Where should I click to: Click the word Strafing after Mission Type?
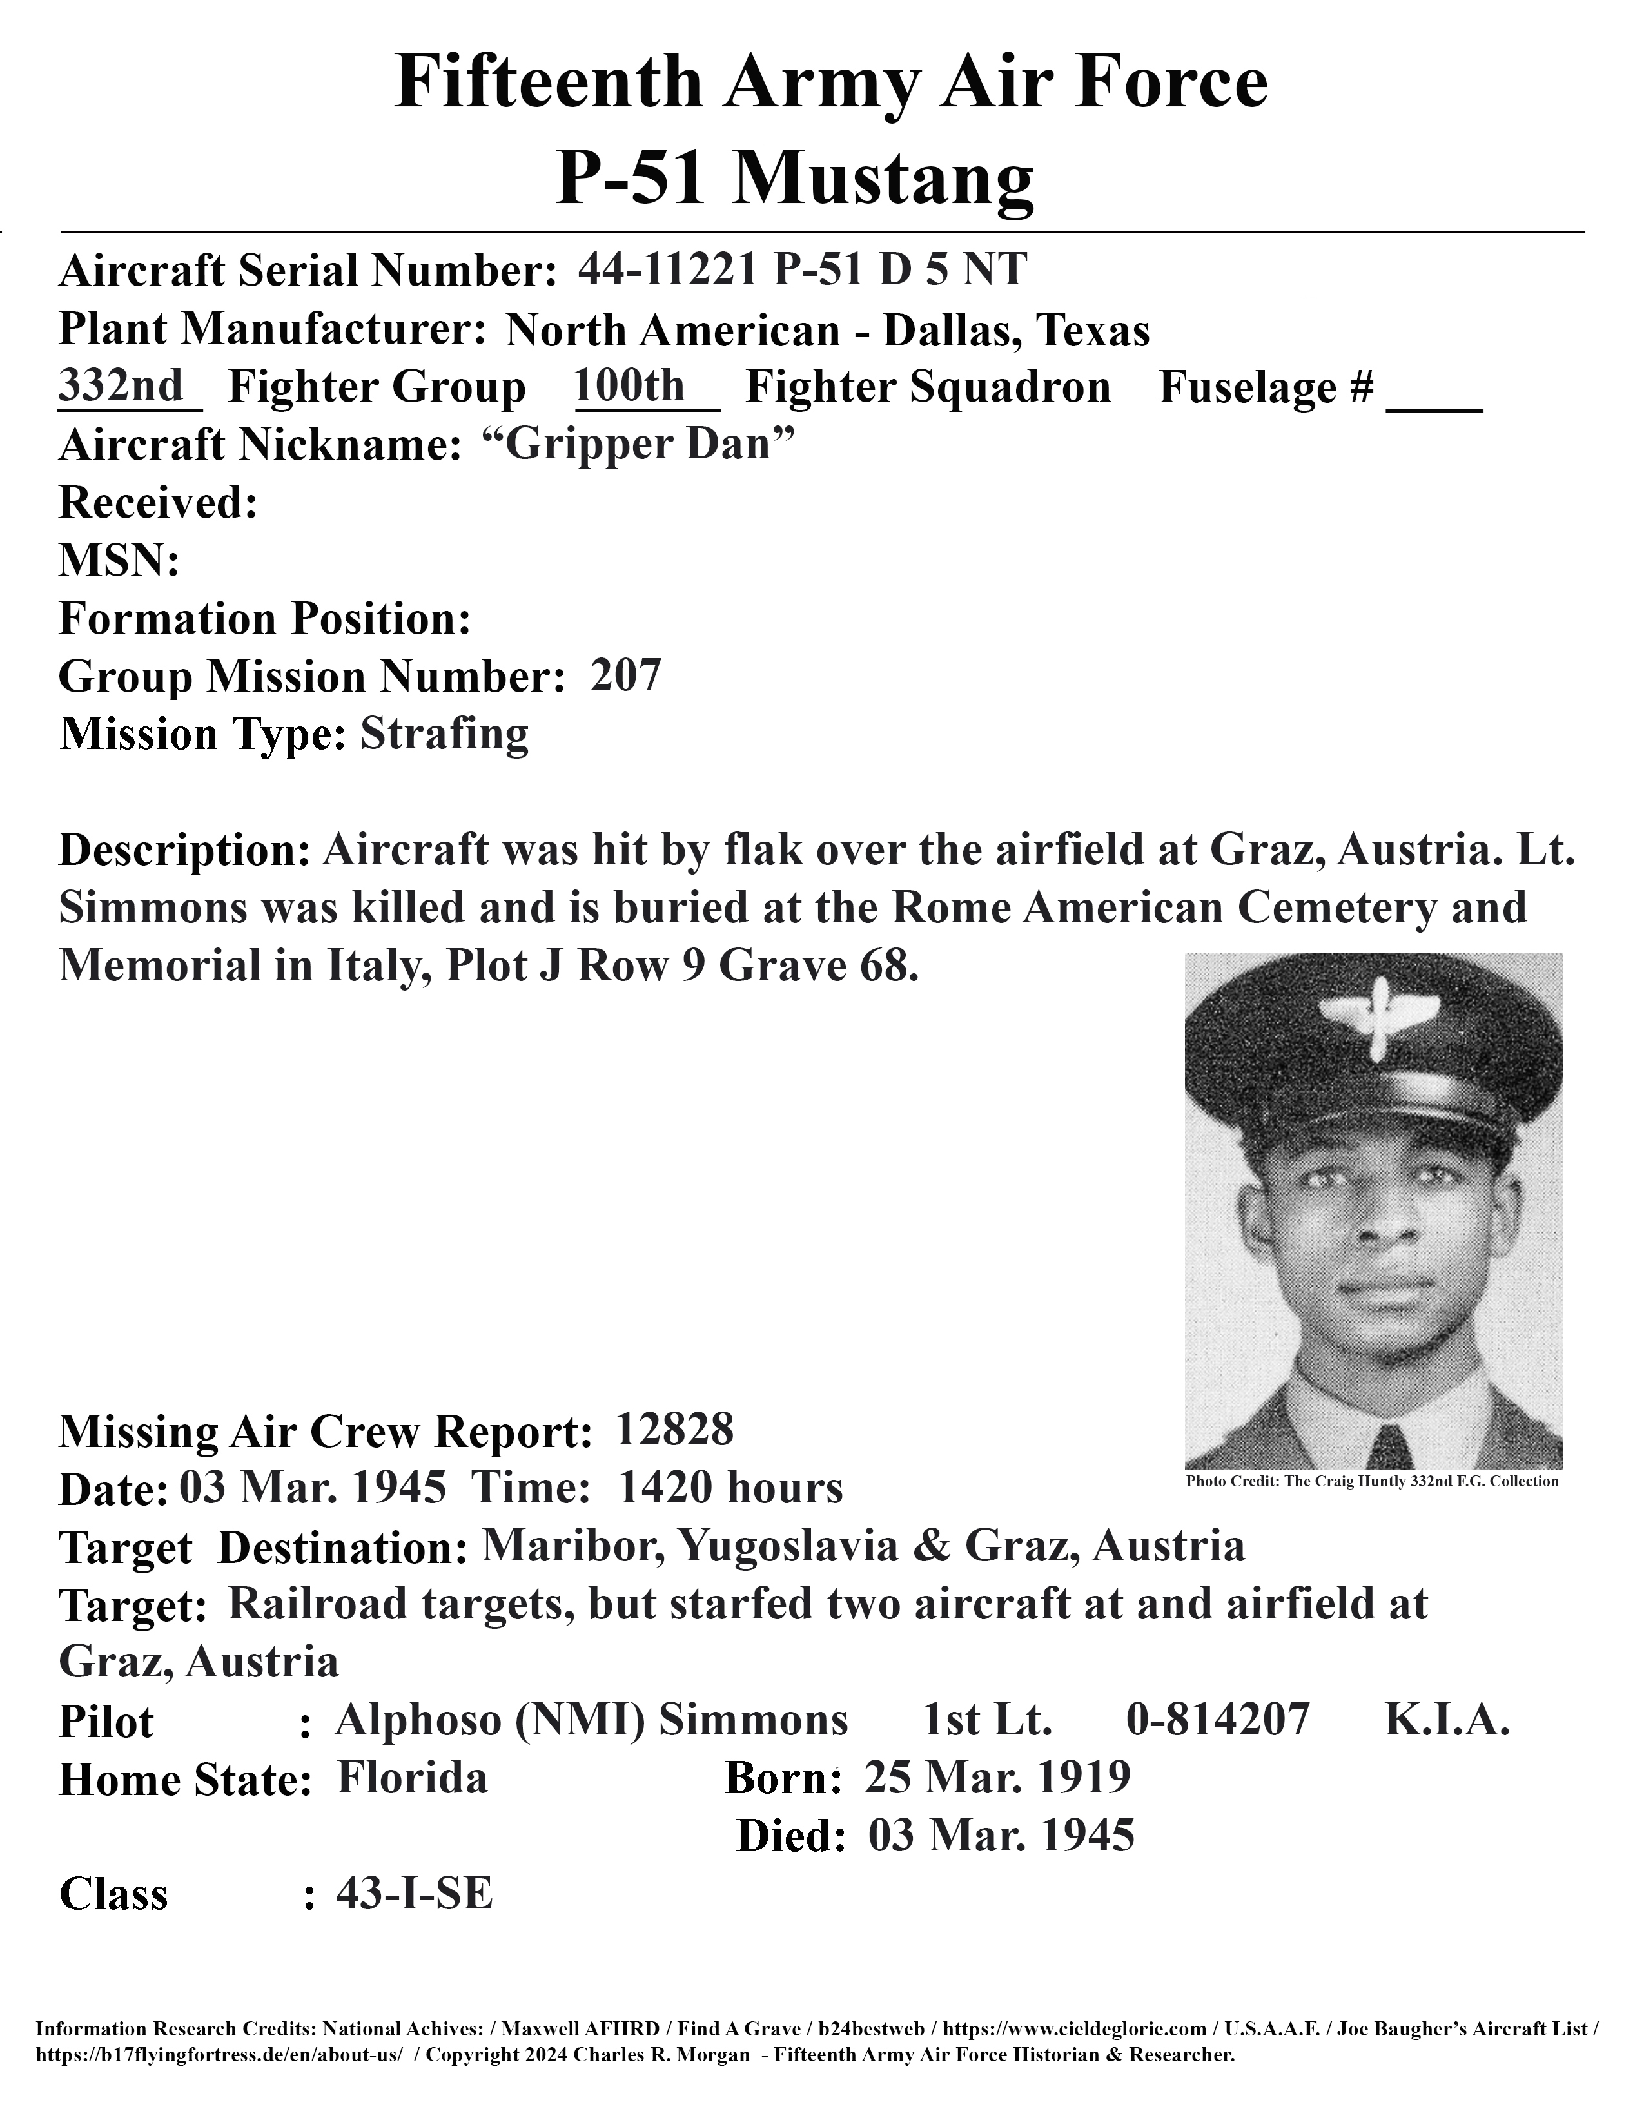pyautogui.click(x=444, y=733)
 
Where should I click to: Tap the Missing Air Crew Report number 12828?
pyautogui.click(x=675, y=1430)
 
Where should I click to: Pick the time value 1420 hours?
pyautogui.click(x=730, y=1487)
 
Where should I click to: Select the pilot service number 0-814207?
pyautogui.click(x=1217, y=1719)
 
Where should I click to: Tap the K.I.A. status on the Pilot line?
pyautogui.click(x=1446, y=1719)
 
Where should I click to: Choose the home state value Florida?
pyautogui.click(x=412, y=1778)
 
